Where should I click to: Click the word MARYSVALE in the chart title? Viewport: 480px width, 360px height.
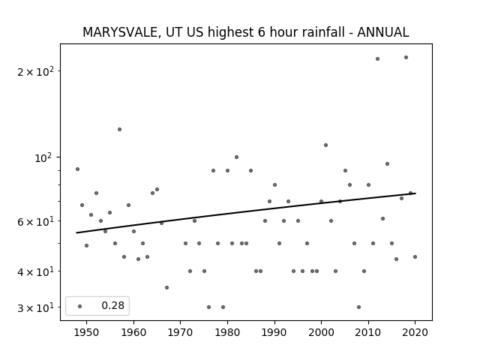121,32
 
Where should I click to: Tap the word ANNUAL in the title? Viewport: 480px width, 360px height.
383,32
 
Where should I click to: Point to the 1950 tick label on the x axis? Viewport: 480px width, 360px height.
87,332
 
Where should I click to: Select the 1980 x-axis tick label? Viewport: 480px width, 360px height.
227,332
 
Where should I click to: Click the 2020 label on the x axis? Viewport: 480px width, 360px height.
415,332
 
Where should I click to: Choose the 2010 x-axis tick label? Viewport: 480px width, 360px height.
368,332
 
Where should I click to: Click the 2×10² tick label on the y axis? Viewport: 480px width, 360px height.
35,72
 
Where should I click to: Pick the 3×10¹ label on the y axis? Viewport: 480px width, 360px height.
35,307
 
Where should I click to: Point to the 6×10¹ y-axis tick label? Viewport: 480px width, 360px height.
35,221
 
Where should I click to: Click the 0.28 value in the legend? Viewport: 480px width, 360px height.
113,305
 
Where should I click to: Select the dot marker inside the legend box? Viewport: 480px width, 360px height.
80,306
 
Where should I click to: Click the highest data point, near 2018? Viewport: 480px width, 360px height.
406,57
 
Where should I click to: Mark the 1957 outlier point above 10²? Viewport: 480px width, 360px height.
120,129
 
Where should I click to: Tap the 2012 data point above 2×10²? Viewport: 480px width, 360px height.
377,58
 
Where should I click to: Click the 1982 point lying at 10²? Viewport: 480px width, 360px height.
237,157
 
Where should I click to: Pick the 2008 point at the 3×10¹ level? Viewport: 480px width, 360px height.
358,307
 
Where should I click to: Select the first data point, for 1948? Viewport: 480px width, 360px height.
77,169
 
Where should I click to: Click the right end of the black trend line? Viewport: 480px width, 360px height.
415,193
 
